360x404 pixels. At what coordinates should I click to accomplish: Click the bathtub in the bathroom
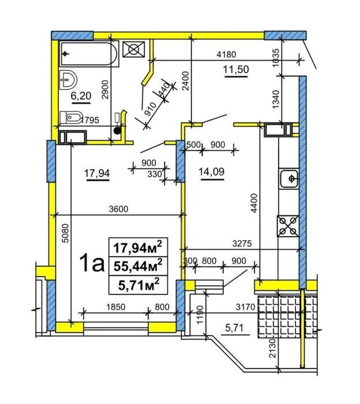[89, 54]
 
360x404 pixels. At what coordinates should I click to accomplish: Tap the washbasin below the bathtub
[68, 80]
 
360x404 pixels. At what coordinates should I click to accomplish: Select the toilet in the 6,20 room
[71, 118]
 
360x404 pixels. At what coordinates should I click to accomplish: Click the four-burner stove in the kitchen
[288, 226]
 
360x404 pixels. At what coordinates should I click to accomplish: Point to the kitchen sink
[290, 178]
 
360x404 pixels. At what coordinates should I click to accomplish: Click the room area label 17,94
[97, 173]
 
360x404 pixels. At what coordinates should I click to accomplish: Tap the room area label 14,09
[211, 171]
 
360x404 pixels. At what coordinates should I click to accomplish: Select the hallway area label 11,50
[236, 69]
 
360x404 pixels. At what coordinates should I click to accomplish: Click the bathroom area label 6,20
[81, 96]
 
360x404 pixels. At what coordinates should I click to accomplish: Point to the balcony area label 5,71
[234, 328]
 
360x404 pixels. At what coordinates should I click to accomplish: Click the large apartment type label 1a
[92, 263]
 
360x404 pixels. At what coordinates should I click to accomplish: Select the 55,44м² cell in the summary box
[138, 266]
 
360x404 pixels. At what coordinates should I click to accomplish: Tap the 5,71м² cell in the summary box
[138, 285]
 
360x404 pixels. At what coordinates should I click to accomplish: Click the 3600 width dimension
[118, 209]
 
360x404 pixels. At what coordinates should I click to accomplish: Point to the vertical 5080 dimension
[66, 233]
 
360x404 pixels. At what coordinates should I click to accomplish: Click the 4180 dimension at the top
[226, 55]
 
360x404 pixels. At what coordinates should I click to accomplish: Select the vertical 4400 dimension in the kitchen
[254, 203]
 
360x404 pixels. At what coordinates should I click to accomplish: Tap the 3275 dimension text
[242, 244]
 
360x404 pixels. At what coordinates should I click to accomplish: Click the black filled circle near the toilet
[117, 131]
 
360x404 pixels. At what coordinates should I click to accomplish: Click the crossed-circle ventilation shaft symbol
[134, 49]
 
